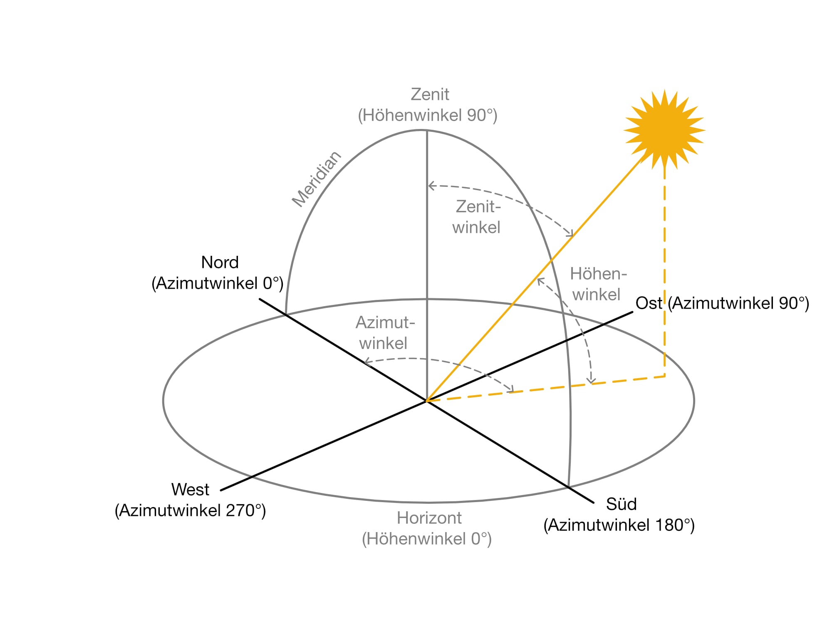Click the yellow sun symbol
(x=664, y=129)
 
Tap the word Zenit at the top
(x=430, y=94)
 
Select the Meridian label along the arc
(x=317, y=179)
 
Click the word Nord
(x=220, y=262)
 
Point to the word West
(x=190, y=490)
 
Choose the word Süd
(x=621, y=504)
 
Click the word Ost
(x=649, y=303)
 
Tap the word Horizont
(x=429, y=518)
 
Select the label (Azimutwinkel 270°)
(x=190, y=510)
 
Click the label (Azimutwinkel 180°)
(x=619, y=525)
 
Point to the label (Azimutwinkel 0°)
(x=217, y=283)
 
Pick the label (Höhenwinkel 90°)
(x=428, y=115)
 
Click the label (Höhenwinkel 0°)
(x=427, y=539)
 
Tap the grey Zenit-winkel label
(x=477, y=217)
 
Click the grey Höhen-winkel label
(x=598, y=284)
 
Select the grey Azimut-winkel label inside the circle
(x=385, y=333)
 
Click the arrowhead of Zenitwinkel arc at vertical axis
(x=431, y=186)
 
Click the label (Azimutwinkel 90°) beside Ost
(x=738, y=303)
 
